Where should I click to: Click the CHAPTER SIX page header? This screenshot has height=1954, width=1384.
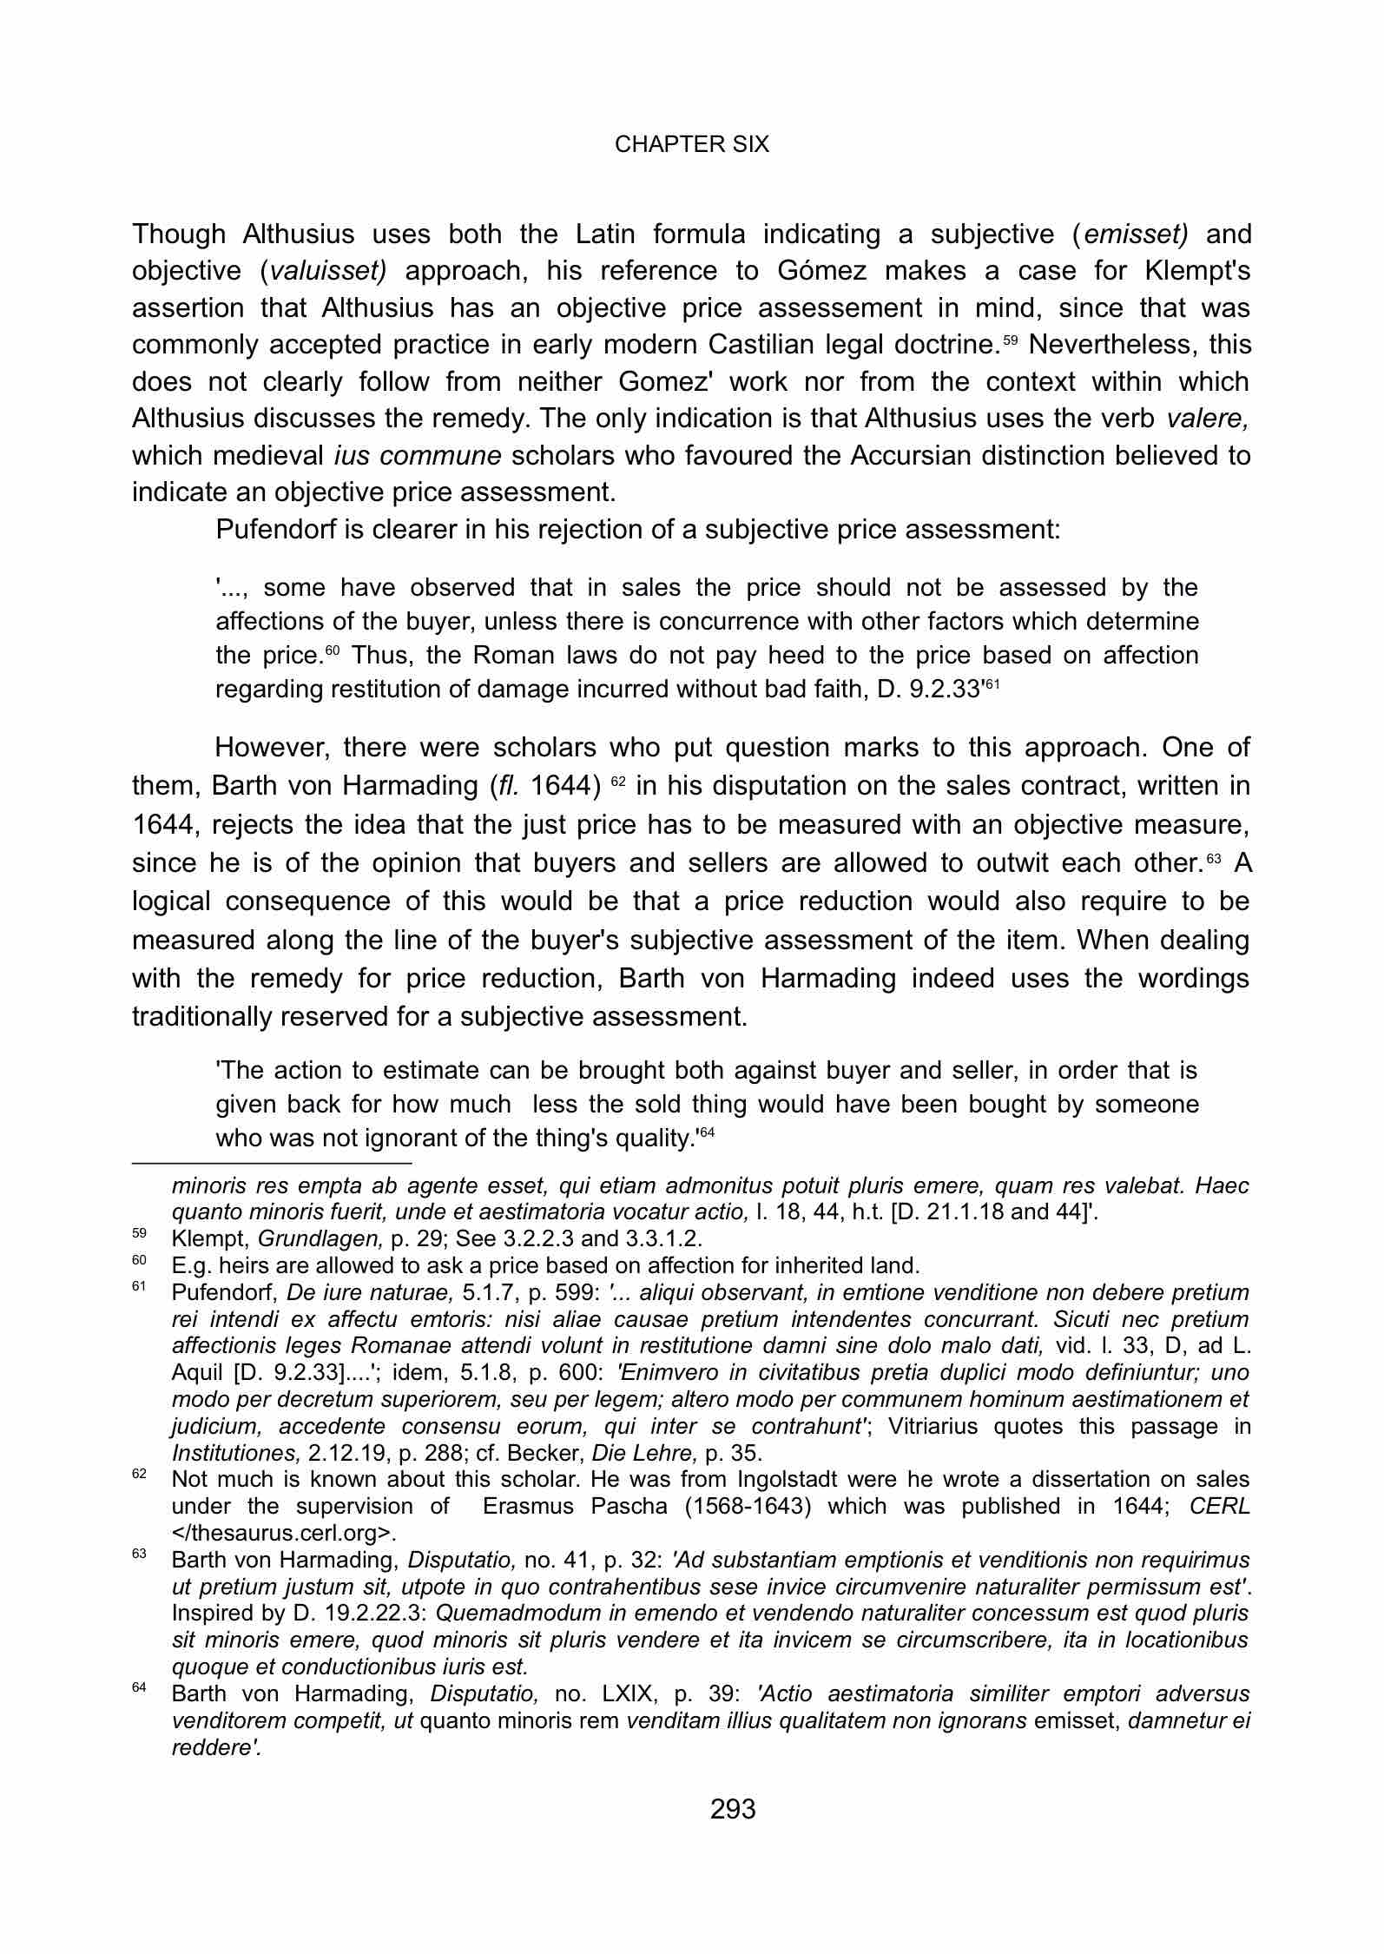click(691, 144)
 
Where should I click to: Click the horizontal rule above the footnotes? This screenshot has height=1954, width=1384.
click(271, 1161)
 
